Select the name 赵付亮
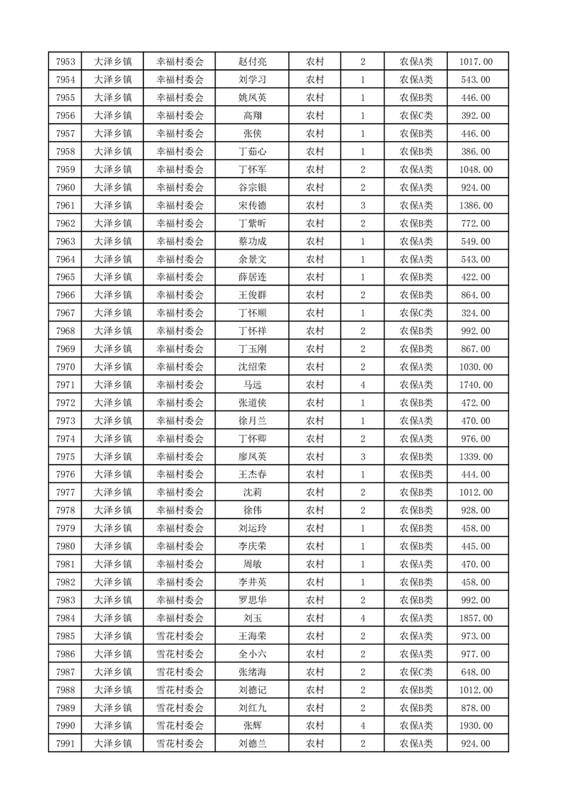(x=252, y=62)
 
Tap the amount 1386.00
(x=475, y=206)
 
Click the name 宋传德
(x=252, y=206)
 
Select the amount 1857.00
(x=475, y=618)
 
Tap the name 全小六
(x=252, y=654)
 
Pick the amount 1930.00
(x=475, y=726)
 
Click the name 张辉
(x=252, y=726)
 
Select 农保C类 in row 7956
(x=416, y=116)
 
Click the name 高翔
(x=252, y=116)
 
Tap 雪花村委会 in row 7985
(x=180, y=636)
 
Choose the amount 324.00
(x=475, y=313)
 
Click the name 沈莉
(x=252, y=493)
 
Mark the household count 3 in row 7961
(x=363, y=206)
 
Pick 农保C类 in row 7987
(x=416, y=672)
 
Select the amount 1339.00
(x=475, y=457)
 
